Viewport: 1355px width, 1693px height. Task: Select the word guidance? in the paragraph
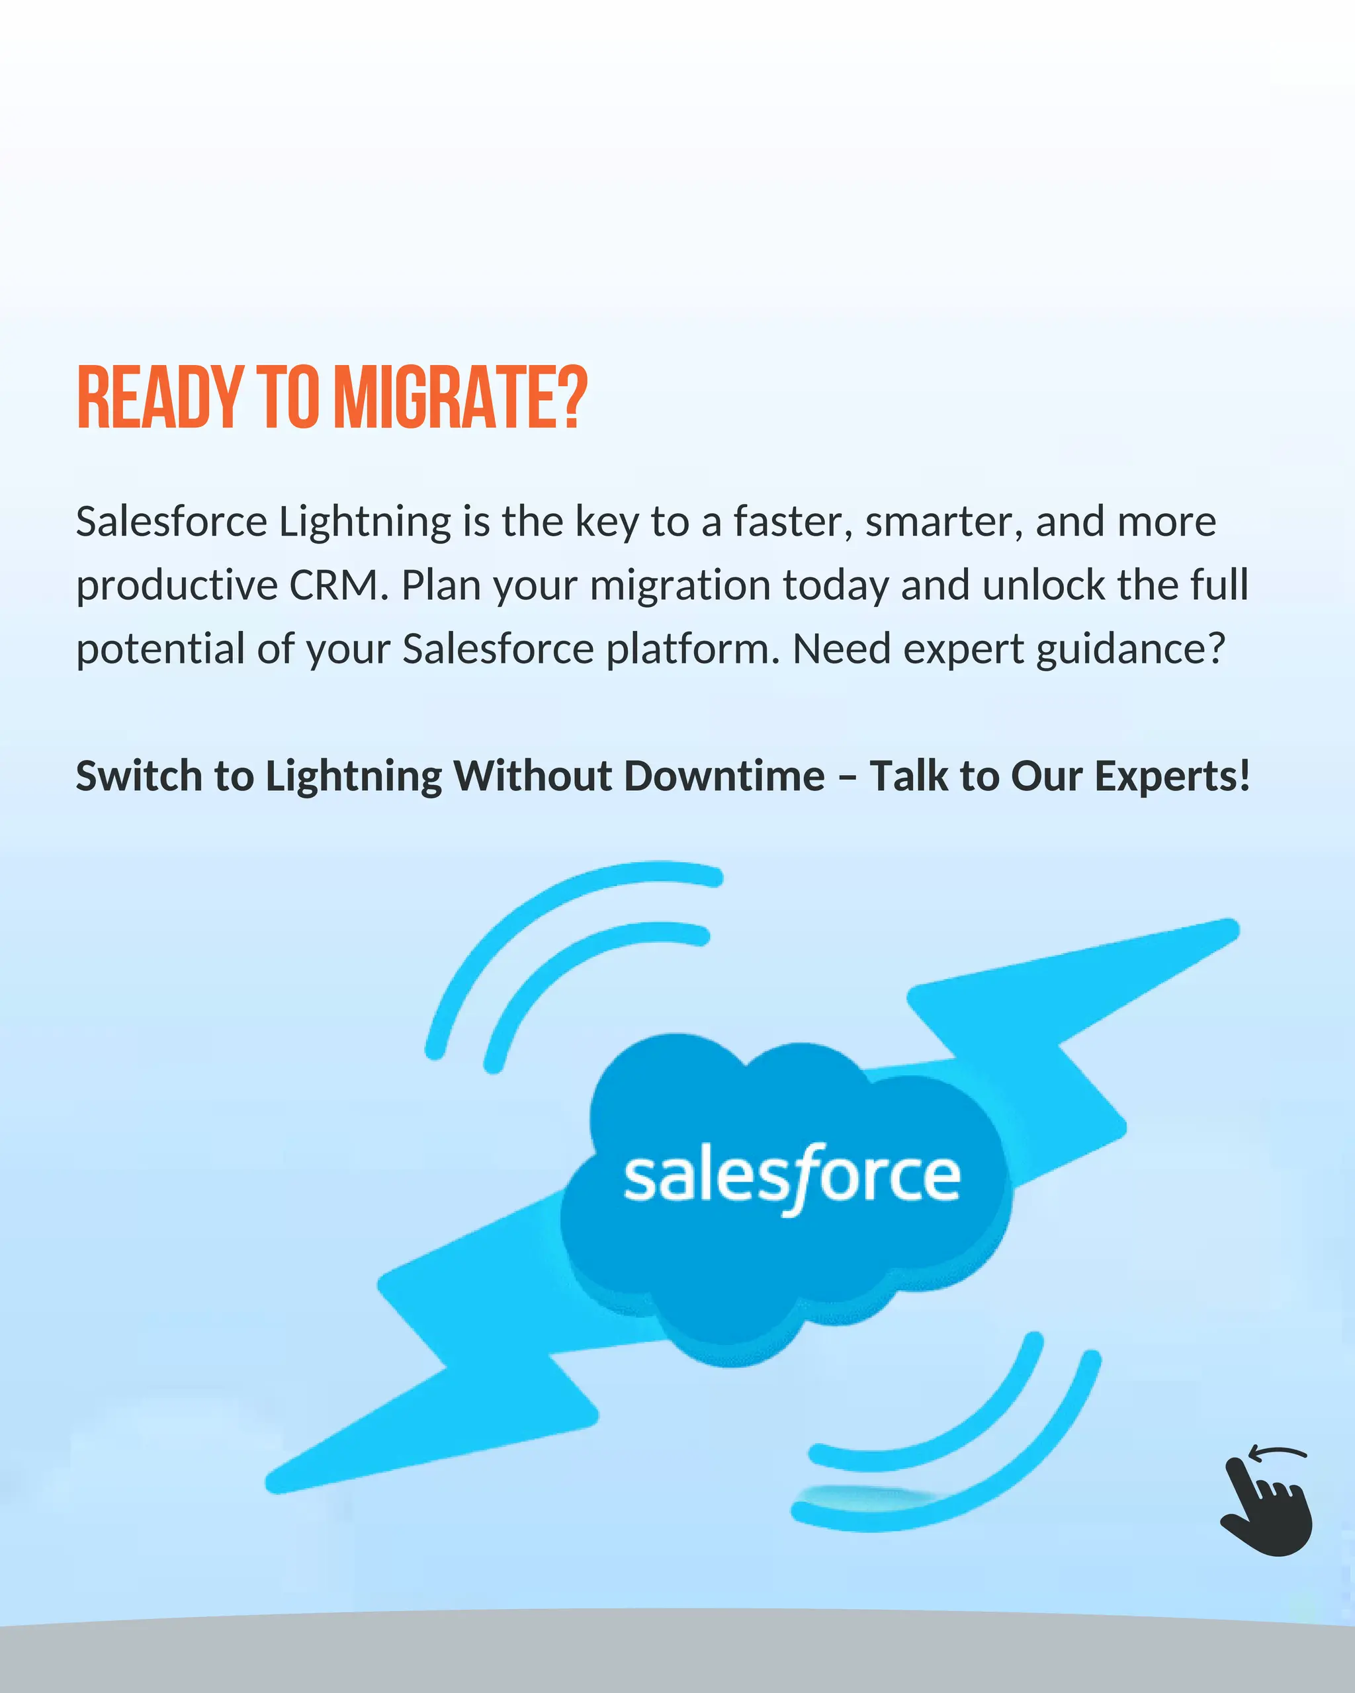pos(1130,650)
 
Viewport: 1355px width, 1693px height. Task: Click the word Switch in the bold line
pos(139,776)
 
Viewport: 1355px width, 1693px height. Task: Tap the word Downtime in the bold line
pos(724,776)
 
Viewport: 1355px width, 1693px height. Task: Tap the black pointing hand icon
pos(1266,1508)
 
